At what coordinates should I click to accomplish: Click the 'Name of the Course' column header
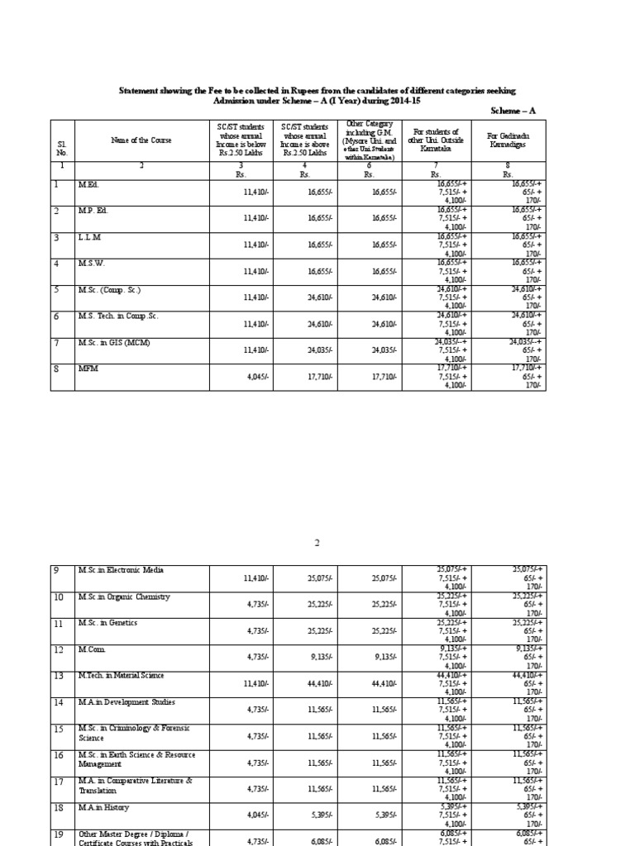pos(141,140)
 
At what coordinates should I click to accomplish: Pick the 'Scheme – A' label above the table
pos(514,110)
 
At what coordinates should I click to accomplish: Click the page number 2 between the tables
pos(316,544)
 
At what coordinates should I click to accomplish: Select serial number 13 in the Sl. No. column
pos(59,677)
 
